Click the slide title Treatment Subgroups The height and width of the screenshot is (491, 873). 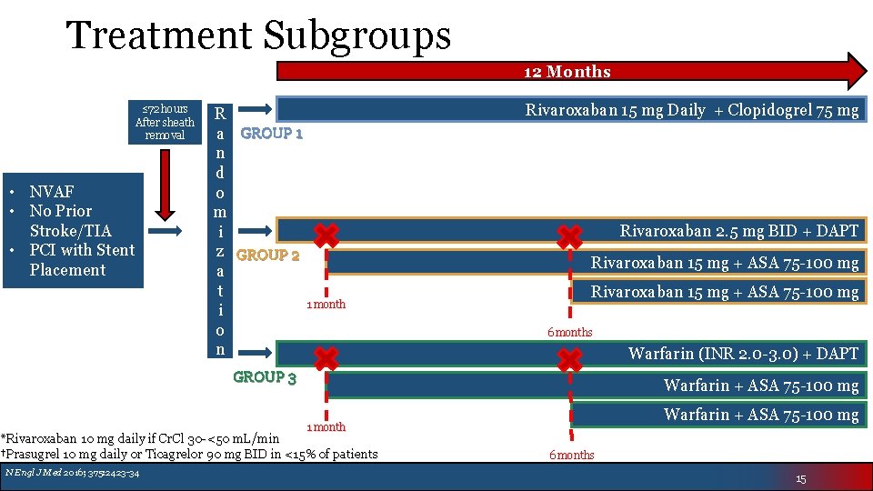[259, 35]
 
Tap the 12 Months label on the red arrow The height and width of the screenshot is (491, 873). [567, 72]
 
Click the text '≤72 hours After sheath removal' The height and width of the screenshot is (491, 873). [164, 122]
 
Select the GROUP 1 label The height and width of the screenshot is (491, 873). [271, 134]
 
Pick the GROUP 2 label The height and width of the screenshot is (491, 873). [267, 256]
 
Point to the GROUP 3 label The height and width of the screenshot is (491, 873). [265, 377]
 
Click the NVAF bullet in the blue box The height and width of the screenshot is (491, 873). [52, 191]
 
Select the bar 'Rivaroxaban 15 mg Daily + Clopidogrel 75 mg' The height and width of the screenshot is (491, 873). [691, 110]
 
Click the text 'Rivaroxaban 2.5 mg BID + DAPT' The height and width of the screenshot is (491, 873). [738, 231]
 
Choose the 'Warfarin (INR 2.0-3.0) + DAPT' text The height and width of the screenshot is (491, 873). [743, 354]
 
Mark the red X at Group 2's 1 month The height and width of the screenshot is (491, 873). [326, 235]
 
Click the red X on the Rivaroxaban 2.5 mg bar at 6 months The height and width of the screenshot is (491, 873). [570, 236]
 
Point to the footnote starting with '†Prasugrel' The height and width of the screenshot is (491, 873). [189, 454]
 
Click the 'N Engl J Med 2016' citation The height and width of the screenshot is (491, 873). [71, 473]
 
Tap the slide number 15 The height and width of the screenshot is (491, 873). [800, 478]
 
